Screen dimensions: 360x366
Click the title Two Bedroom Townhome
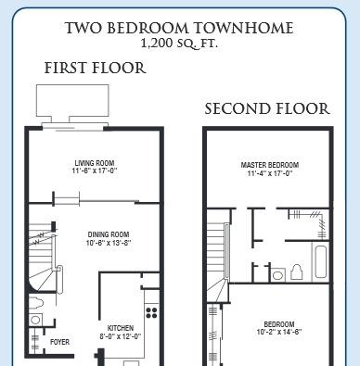pyautogui.click(x=179, y=28)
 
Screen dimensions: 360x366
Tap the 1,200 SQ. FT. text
pyautogui.click(x=179, y=44)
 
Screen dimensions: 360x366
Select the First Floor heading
pyautogui.click(x=95, y=68)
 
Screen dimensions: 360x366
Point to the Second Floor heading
pyautogui.click(x=267, y=108)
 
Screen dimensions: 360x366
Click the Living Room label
pyautogui.click(x=95, y=163)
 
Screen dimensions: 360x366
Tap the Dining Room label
pyautogui.click(x=109, y=234)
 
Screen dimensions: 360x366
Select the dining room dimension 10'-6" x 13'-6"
pyautogui.click(x=109, y=243)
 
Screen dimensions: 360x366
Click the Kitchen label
pyautogui.click(x=121, y=328)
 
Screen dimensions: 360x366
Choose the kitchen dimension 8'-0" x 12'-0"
pyautogui.click(x=121, y=336)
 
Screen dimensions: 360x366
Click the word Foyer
pyautogui.click(x=60, y=342)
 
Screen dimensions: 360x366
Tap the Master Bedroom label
pyautogui.click(x=270, y=165)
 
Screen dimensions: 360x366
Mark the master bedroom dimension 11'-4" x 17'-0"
pyautogui.click(x=270, y=173)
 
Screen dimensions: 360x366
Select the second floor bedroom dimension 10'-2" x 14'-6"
pyautogui.click(x=279, y=333)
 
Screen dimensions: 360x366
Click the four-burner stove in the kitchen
pyautogui.click(x=151, y=312)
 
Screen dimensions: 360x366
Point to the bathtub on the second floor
pyautogui.click(x=320, y=261)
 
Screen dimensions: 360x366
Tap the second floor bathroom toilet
pyautogui.click(x=297, y=272)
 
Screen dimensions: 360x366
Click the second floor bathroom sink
pyautogui.click(x=278, y=274)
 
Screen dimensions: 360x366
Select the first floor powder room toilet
pyautogui.click(x=36, y=303)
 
